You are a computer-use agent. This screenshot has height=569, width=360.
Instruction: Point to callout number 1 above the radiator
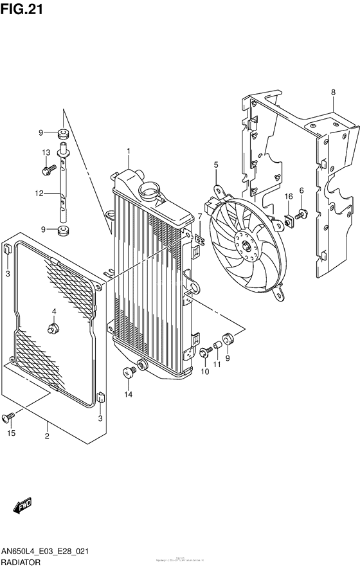coord(128,151)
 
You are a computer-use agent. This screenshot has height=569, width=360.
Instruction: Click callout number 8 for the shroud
coord(333,93)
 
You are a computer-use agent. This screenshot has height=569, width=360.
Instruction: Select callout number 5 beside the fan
coord(216,166)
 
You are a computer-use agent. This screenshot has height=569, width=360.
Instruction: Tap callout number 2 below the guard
coord(46,437)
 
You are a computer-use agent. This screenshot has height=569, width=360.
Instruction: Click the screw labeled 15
coord(10,419)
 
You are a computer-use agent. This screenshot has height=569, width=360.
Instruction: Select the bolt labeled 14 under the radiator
coord(129,371)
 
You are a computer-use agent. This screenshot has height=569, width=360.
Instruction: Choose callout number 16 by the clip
coord(289,196)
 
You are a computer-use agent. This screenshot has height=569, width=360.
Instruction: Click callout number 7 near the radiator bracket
coord(199,218)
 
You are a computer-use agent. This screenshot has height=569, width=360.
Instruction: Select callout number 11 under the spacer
coord(217,365)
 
